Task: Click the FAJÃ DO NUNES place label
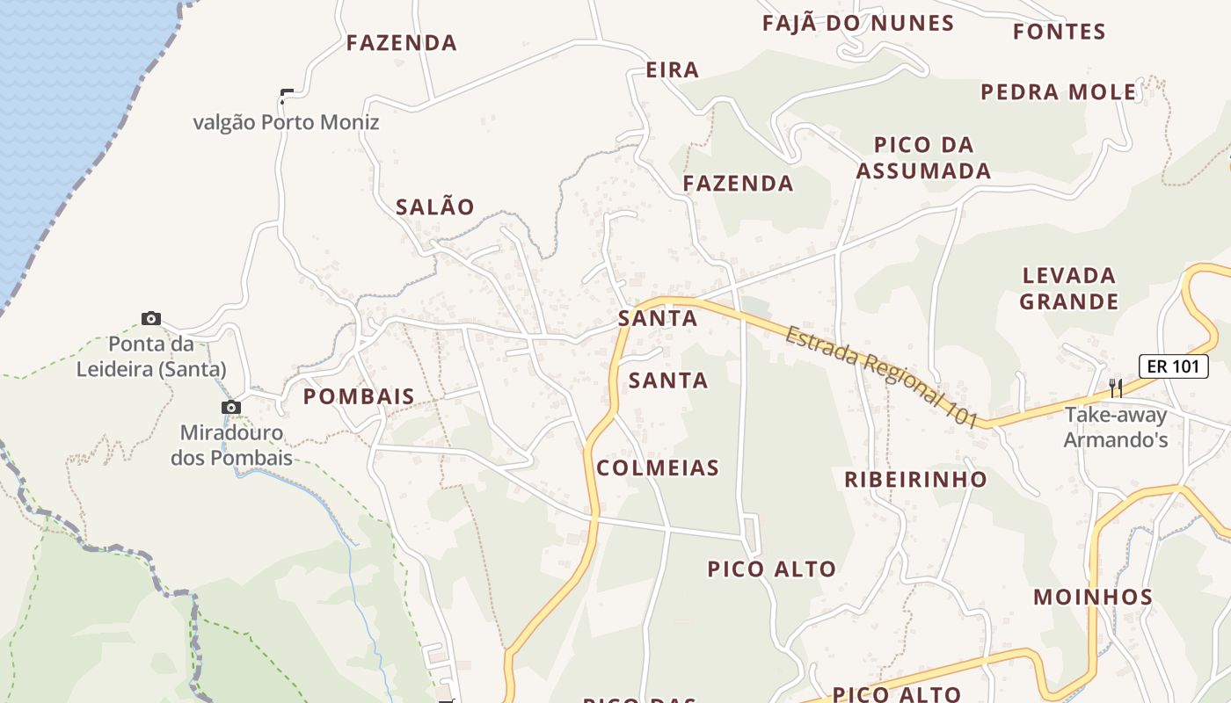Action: [x=858, y=24]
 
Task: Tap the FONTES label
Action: [x=1059, y=33]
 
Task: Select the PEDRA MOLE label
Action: [x=1059, y=92]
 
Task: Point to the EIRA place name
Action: [x=673, y=70]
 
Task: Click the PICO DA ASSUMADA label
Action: [x=923, y=158]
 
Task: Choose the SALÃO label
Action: [x=435, y=207]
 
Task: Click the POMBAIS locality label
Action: [x=359, y=397]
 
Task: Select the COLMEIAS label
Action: [x=658, y=468]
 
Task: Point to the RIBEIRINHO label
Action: [x=915, y=480]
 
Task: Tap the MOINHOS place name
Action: [x=1093, y=598]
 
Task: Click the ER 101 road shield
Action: [x=1174, y=367]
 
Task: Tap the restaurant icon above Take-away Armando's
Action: [x=1115, y=388]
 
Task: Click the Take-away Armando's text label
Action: [x=1116, y=427]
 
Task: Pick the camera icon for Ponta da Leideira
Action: [x=151, y=318]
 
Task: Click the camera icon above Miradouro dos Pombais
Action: [x=231, y=407]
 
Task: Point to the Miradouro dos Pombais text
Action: [x=231, y=446]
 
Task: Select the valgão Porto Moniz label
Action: [x=286, y=122]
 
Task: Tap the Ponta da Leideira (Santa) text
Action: [x=151, y=357]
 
